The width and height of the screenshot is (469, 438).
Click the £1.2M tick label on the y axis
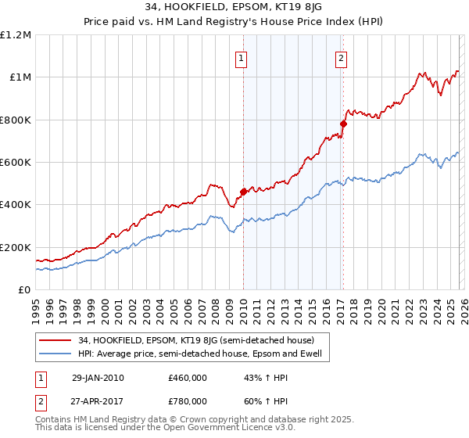[x=16, y=35]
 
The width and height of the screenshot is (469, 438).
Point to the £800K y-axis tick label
[x=16, y=120]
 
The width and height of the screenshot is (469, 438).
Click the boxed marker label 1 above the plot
[x=242, y=57]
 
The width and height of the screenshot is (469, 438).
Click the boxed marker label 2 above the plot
[x=342, y=57]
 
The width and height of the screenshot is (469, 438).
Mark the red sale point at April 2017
[x=343, y=124]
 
